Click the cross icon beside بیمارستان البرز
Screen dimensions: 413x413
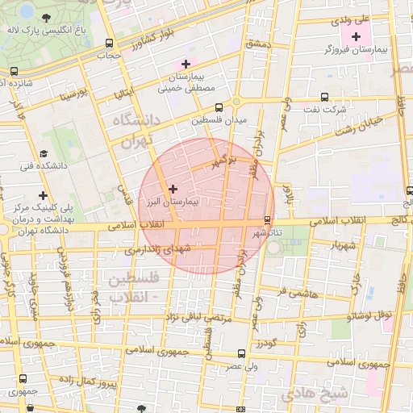(x=172, y=188)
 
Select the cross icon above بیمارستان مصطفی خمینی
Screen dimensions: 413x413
(x=186, y=63)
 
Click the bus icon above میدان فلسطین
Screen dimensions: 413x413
(x=219, y=107)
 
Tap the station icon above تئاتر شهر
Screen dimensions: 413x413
(x=268, y=219)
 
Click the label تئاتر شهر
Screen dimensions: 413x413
(x=267, y=232)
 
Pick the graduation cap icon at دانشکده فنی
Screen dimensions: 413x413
(x=42, y=153)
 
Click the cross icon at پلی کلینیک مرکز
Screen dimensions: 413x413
(x=42, y=195)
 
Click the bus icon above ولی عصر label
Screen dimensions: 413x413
(x=241, y=353)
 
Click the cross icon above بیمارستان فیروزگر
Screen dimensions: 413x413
(x=356, y=36)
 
